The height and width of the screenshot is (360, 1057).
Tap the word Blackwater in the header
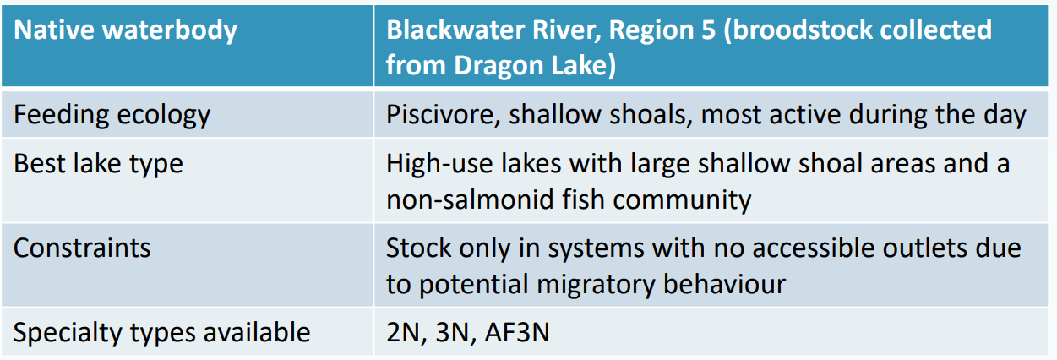[x=455, y=30]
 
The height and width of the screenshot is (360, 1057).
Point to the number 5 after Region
[x=708, y=30]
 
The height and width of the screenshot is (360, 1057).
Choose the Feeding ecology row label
[x=112, y=116]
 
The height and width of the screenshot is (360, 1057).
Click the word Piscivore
[x=443, y=115]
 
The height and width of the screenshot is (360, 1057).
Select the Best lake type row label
[x=98, y=164]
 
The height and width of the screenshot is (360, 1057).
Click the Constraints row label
[x=82, y=248]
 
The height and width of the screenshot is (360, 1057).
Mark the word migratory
[x=596, y=285]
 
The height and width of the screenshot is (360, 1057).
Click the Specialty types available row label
[x=162, y=333]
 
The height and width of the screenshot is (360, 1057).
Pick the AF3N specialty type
[x=517, y=333]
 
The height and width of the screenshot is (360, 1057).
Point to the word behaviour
[x=724, y=284]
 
